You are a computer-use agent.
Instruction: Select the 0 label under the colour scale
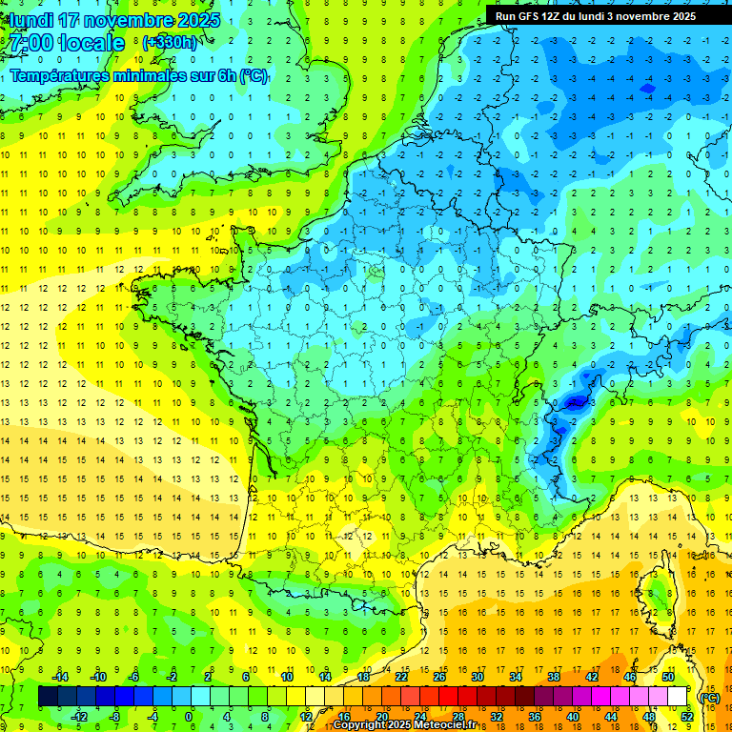pos(188,717)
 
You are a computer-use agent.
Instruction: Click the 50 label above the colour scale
pos(668,677)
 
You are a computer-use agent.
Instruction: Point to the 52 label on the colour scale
pos(687,717)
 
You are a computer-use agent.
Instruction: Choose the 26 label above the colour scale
pos(439,677)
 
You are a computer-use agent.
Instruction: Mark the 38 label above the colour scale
pos(554,677)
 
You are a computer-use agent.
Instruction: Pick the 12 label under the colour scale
pos(306,717)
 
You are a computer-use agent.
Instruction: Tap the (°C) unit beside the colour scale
pos(709,698)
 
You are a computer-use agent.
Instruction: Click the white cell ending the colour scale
pos(678,697)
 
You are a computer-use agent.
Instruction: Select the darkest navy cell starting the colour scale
pos(48,697)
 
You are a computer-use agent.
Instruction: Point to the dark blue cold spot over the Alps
pos(573,402)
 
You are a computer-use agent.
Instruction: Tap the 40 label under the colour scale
pos(573,717)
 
